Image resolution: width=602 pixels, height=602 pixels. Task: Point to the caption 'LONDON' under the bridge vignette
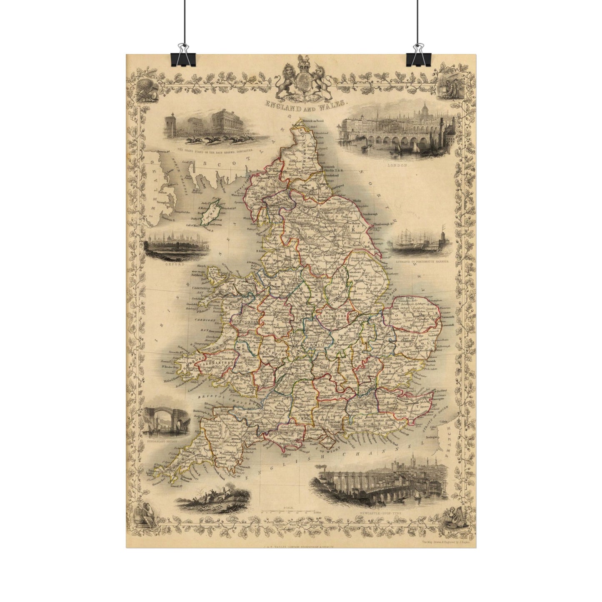pos(396,165)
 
